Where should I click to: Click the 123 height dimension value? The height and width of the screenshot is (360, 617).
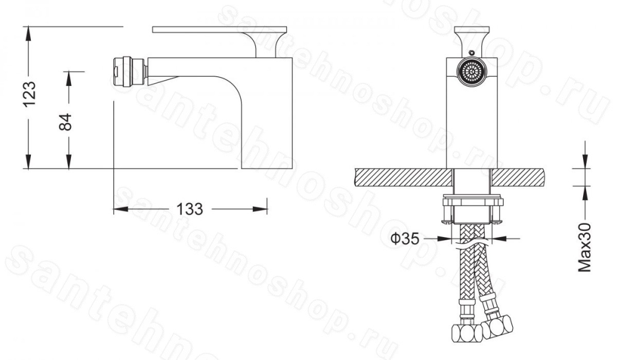pos(29,94)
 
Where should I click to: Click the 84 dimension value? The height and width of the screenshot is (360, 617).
pos(66,122)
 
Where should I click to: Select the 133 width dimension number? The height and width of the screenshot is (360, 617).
pos(190,209)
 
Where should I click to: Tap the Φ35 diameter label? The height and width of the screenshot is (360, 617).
pos(405,239)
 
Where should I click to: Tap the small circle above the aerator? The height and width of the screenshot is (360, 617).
pos(471,53)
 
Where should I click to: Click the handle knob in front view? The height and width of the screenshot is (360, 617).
pos(472,41)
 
